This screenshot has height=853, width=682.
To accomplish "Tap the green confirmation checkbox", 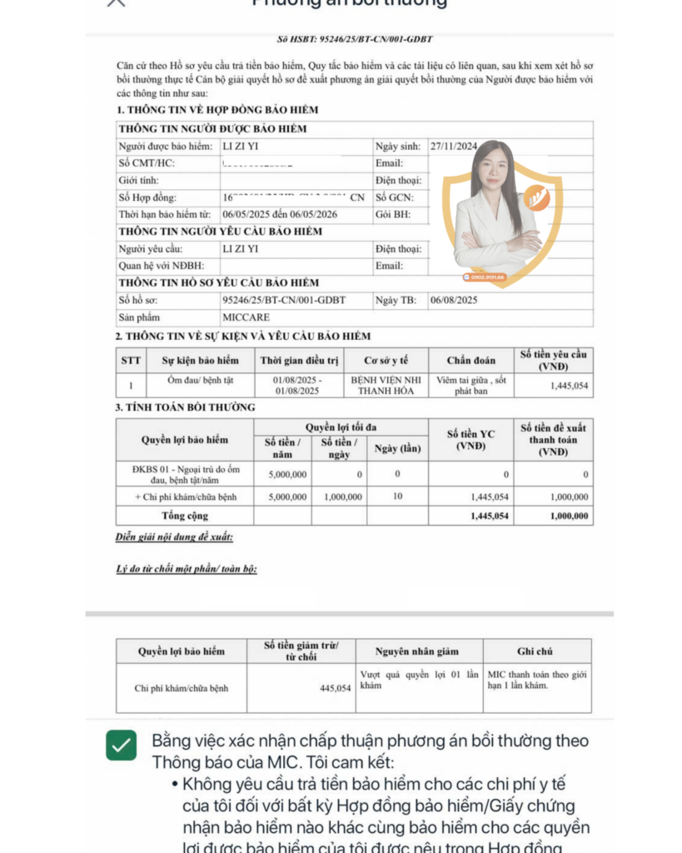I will click(122, 745).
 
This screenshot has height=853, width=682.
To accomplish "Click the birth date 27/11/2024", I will click(453, 147).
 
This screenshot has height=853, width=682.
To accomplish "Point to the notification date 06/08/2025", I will click(454, 300).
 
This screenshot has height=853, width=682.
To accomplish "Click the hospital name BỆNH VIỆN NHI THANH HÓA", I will click(380, 385).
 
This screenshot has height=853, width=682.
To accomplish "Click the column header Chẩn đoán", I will click(470, 361).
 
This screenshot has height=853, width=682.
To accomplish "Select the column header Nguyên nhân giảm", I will click(418, 651).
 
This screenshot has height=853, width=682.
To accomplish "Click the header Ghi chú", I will click(535, 651).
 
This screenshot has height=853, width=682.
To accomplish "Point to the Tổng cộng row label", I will click(185, 516).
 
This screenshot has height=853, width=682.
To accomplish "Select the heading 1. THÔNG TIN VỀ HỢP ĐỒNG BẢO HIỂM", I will click(217, 110).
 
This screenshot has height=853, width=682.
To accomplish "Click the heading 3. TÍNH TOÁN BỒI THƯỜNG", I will click(186, 407).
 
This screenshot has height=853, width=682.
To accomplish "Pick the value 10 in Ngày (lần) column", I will click(397, 496).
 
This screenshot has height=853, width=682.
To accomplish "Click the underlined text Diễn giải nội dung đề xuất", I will click(174, 537).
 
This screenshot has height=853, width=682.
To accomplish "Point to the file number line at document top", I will click(355, 39).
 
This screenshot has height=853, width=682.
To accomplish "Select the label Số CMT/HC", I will click(147, 163).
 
